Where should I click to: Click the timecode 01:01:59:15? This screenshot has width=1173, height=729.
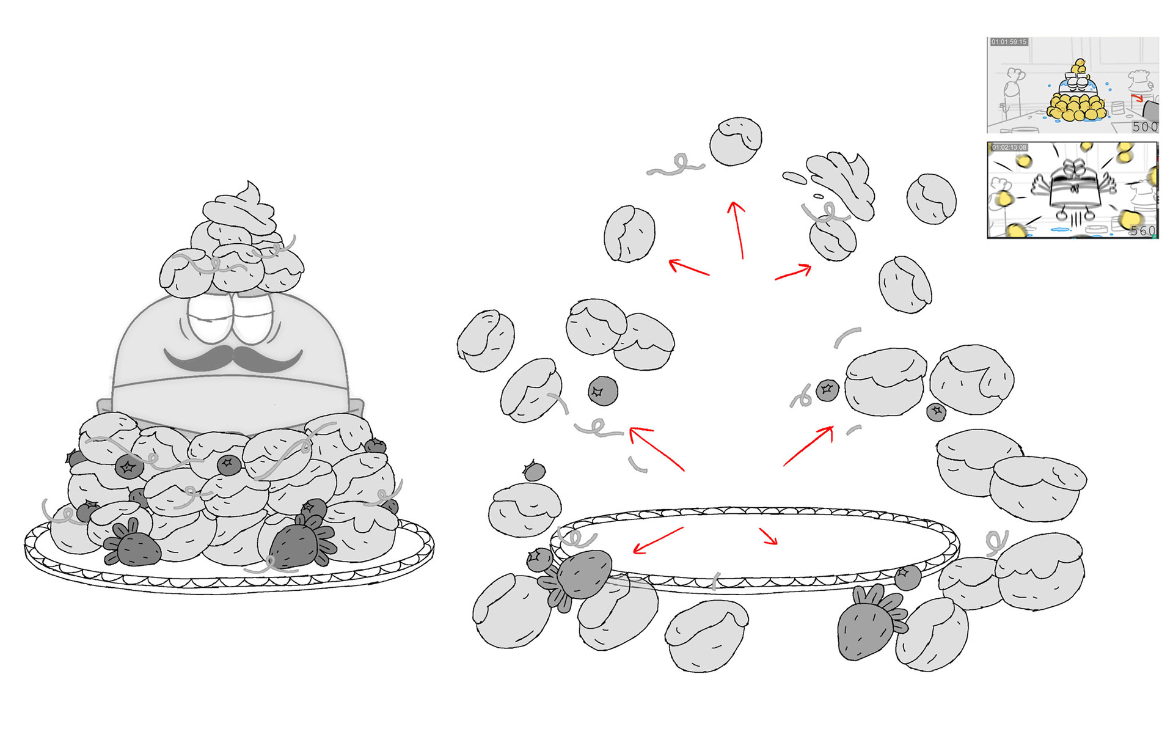pos(1009,42)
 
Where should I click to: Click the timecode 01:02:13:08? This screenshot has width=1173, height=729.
pos(1009,147)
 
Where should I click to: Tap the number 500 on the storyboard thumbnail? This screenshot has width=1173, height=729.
pos(1144,126)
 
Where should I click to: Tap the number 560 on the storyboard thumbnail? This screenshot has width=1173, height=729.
pos(1142,230)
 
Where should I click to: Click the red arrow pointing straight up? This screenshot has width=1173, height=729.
pos(737,229)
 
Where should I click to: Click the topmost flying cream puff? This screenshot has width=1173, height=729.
pos(736,141)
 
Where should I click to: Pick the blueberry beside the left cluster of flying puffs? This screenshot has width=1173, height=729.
pos(602,391)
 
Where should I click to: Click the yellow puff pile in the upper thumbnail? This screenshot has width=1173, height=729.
pos(1075,107)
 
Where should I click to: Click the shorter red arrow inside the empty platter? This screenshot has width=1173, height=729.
pos(769,536)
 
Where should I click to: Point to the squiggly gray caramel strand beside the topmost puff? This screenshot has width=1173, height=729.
pos(677,166)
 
